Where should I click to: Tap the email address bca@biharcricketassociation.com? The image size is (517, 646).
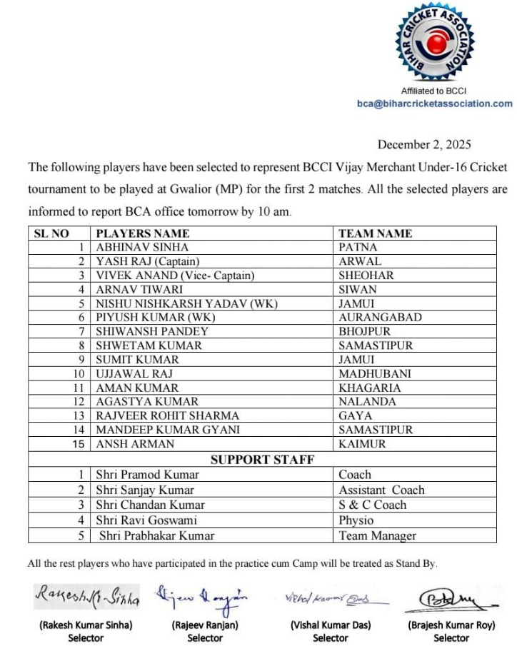click(x=434, y=104)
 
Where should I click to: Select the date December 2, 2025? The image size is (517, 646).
click(x=424, y=144)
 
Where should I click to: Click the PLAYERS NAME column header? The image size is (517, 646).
click(x=143, y=233)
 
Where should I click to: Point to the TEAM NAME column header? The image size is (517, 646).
click(x=375, y=233)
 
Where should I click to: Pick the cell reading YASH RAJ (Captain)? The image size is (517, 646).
click(x=148, y=261)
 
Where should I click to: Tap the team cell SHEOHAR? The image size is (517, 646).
click(x=366, y=276)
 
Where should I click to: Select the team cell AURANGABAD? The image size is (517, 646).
click(x=380, y=317)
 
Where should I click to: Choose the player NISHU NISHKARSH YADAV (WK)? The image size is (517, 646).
click(x=186, y=303)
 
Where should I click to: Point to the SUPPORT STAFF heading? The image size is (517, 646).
click(x=262, y=459)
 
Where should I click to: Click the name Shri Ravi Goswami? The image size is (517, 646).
click(x=146, y=520)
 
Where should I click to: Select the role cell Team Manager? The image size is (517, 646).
click(x=377, y=535)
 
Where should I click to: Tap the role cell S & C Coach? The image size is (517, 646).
click(x=372, y=505)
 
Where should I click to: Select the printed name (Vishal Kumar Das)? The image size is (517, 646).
click(x=331, y=625)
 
